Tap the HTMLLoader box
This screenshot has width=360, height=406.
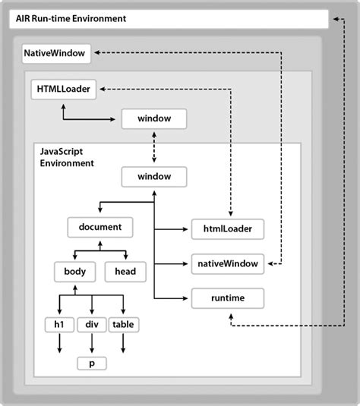[x=64, y=90]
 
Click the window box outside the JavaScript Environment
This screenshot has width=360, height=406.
[x=154, y=119]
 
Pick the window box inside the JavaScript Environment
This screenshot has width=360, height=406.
[x=154, y=178]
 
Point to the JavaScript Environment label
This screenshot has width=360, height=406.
[x=67, y=158]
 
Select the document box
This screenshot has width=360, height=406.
[x=100, y=226]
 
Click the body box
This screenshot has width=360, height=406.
[x=74, y=271]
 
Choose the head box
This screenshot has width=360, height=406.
[x=125, y=271]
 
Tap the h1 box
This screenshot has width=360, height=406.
[x=58, y=325]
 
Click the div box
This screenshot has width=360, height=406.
[x=91, y=325]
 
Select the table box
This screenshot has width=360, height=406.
[x=124, y=325]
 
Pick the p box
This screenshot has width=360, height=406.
[x=91, y=363]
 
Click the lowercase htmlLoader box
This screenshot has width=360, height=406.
[x=227, y=227]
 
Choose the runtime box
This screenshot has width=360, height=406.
[x=227, y=298]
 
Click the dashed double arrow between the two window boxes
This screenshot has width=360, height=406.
[x=154, y=148]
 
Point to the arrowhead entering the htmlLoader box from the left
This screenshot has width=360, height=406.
[x=185, y=227]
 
